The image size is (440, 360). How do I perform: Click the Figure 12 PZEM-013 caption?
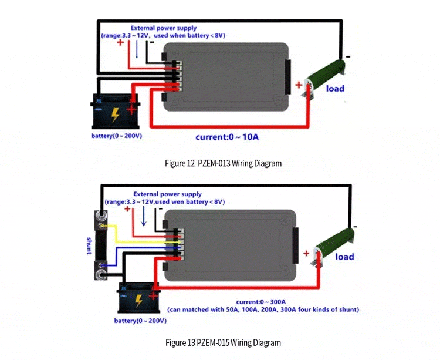pyautogui.click(x=223, y=163)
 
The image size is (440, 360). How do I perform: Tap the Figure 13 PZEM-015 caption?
pyautogui.click(x=223, y=342)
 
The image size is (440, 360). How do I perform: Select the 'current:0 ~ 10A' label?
pyautogui.click(x=227, y=137)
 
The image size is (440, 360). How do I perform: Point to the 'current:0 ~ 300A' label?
pyautogui.click(x=261, y=302)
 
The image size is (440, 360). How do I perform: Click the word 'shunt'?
pyautogui.click(x=89, y=245)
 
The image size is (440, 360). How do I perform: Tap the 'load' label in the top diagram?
pyautogui.click(x=335, y=89)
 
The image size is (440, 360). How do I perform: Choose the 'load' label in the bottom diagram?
pyautogui.click(x=344, y=257)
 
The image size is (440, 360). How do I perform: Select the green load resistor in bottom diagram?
pyautogui.click(x=333, y=246)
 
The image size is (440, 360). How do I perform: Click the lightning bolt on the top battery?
pyautogui.click(x=115, y=115)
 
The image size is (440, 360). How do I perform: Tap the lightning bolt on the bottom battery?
pyautogui.click(x=139, y=301)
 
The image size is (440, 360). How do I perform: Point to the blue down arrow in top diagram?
pyautogui.click(x=137, y=49)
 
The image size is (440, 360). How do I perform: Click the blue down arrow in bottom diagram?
pyautogui.click(x=144, y=216)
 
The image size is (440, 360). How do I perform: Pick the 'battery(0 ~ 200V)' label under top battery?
pyautogui.click(x=117, y=136)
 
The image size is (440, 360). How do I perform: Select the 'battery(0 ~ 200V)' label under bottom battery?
pyautogui.click(x=140, y=321)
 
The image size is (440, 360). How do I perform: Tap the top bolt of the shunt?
pyautogui.click(x=101, y=216)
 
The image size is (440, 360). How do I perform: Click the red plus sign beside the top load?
pyautogui.click(x=299, y=85)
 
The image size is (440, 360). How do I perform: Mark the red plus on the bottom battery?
pyautogui.click(x=153, y=296)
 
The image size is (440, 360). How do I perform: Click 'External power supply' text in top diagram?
pyautogui.click(x=164, y=28)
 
